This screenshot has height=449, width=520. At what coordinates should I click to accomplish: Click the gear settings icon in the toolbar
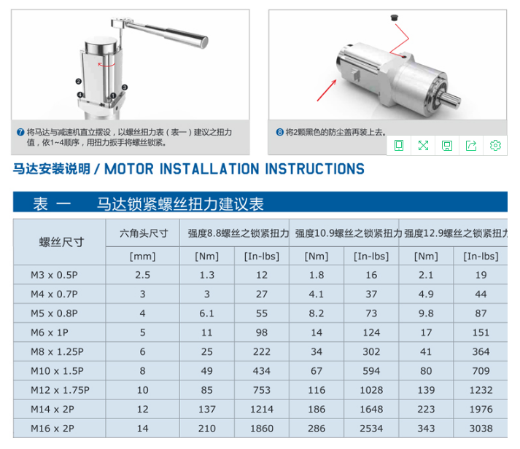[x=495, y=145]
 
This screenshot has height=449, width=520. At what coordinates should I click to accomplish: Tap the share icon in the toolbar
[x=471, y=145]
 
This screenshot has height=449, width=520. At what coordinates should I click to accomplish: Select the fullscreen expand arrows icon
[x=423, y=145]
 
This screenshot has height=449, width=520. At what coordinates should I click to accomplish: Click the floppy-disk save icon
[x=447, y=145]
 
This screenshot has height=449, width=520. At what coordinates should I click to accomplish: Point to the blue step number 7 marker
[x=20, y=132]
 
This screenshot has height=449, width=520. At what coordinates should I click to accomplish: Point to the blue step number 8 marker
[x=279, y=132]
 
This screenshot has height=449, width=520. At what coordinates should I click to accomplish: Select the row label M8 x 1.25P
[x=61, y=352]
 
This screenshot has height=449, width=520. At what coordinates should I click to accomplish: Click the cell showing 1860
[x=262, y=428]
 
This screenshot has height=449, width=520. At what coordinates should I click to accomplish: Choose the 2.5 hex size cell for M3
[x=143, y=275]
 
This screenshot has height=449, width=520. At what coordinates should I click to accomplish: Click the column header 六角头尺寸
[x=144, y=233]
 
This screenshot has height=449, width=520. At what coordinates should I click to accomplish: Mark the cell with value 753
[x=262, y=390]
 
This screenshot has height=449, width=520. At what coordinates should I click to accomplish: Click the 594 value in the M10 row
[x=371, y=371]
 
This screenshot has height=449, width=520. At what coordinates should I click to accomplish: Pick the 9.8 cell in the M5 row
[x=426, y=313]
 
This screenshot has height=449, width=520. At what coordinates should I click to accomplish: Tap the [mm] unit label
[x=143, y=256]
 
